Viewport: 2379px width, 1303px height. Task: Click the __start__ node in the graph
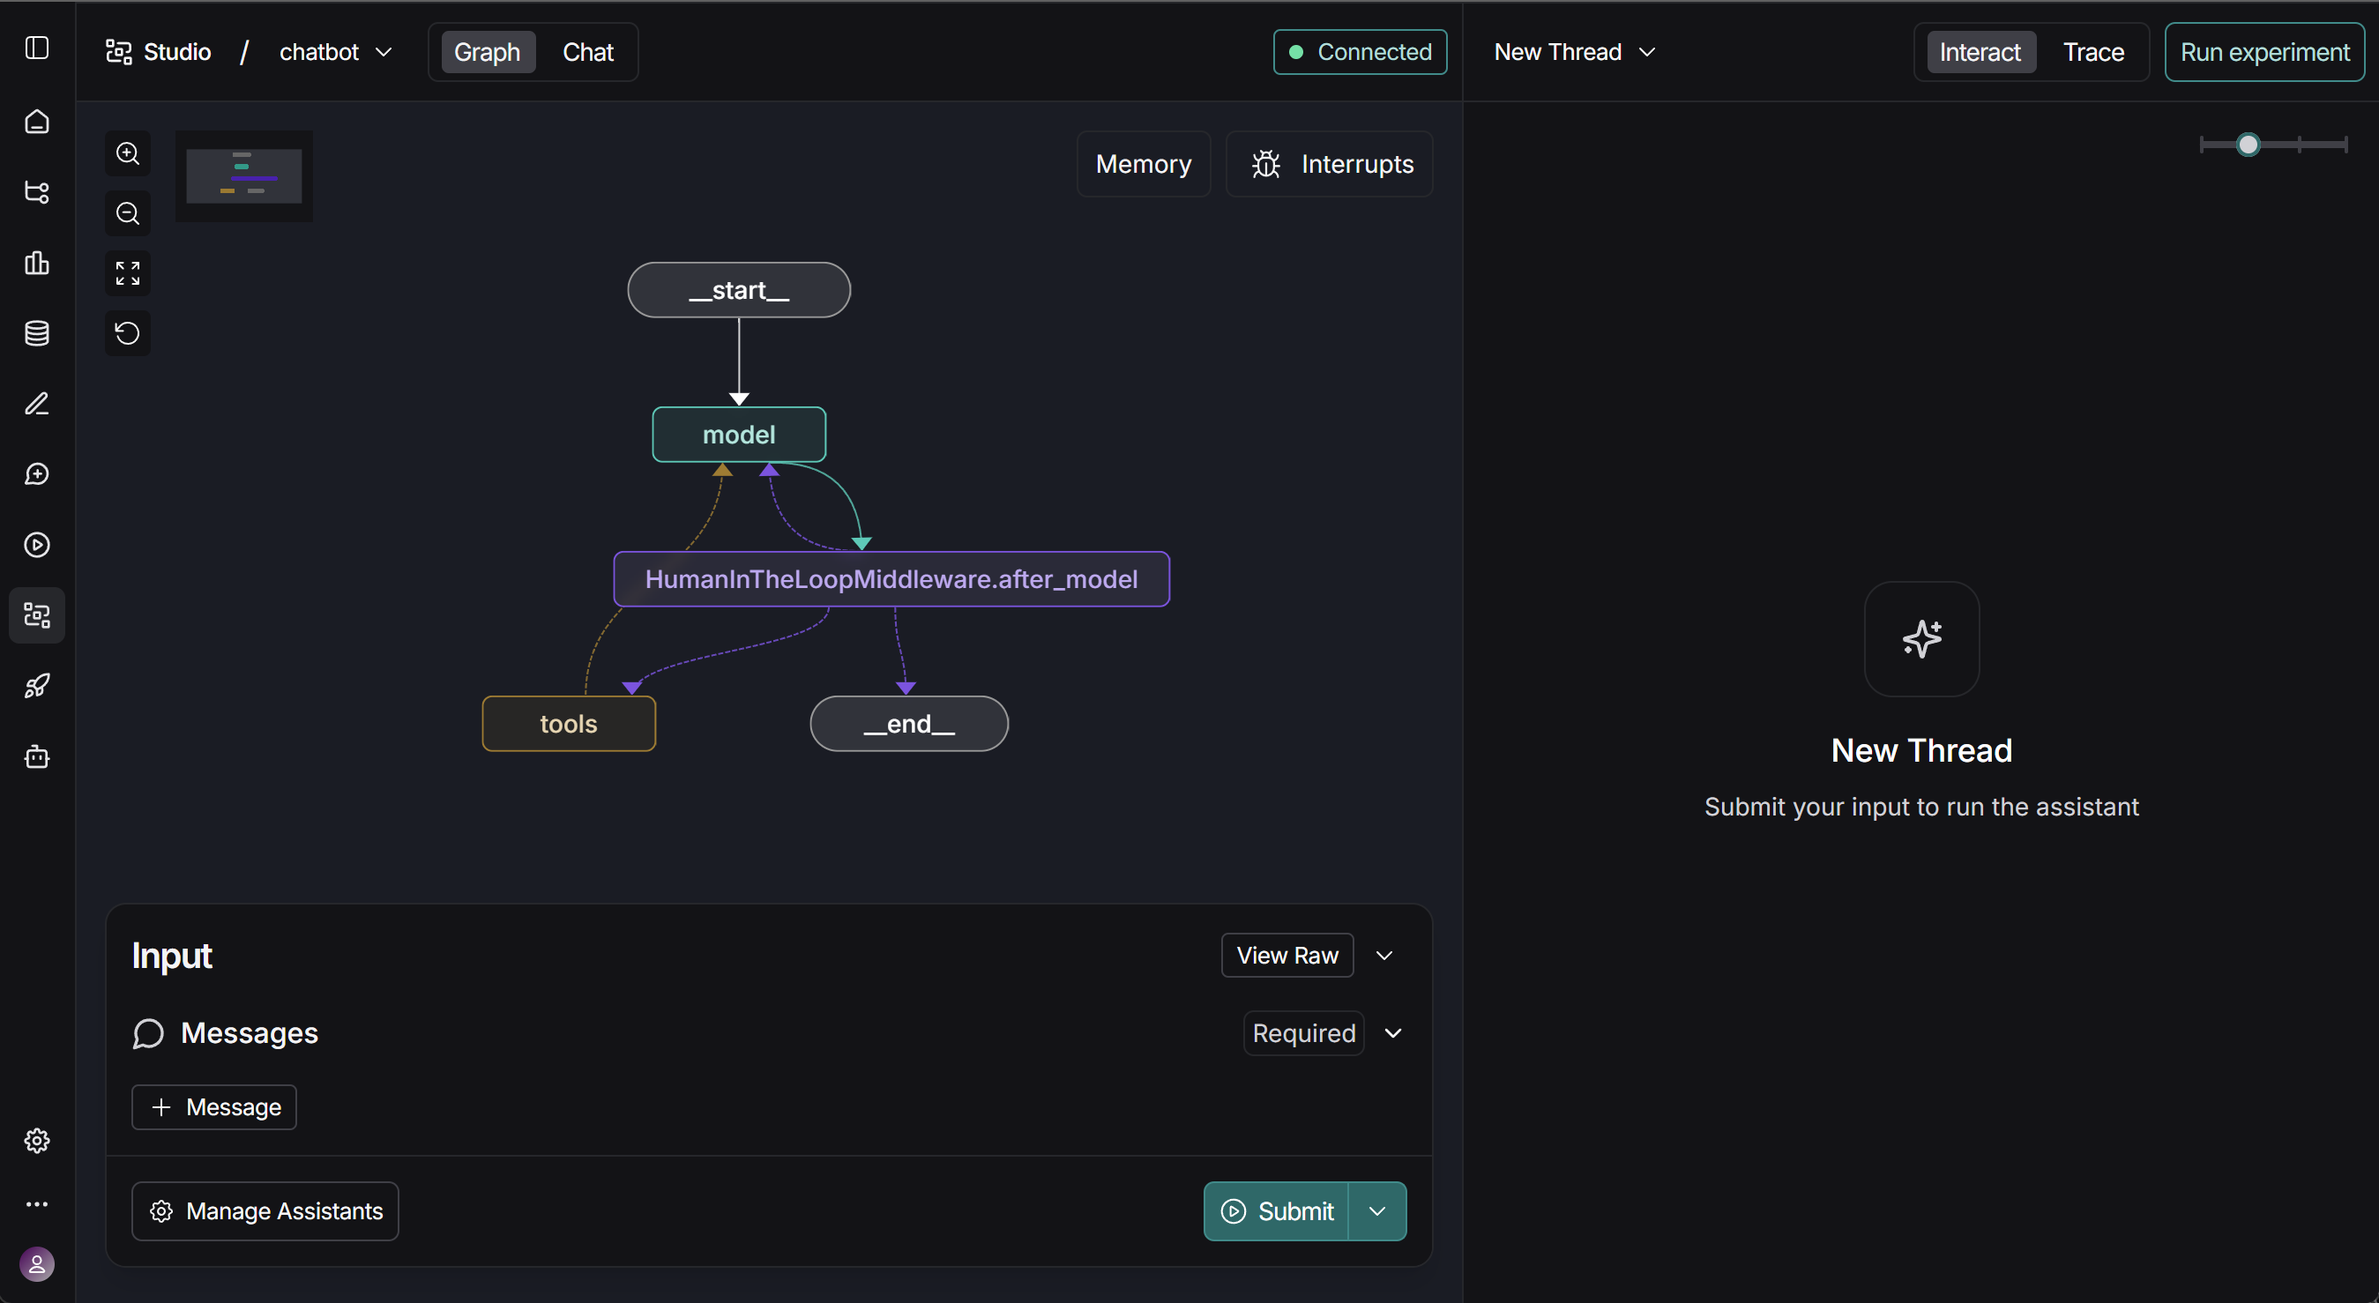point(739,290)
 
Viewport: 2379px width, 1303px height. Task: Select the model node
point(739,434)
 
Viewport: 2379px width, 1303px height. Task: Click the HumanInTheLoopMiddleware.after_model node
point(891,579)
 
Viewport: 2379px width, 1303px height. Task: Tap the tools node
point(569,723)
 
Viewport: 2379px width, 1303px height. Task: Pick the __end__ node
point(909,723)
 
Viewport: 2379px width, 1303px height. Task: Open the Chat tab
point(588,52)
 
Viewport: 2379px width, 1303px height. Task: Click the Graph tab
point(487,52)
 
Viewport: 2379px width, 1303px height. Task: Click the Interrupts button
point(1329,163)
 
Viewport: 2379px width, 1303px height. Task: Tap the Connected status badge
point(1360,52)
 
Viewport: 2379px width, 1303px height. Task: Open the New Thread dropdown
point(1574,52)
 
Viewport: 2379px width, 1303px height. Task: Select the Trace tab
point(2092,52)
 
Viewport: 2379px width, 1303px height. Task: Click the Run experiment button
point(2264,52)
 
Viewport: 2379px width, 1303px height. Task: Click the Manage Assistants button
point(265,1210)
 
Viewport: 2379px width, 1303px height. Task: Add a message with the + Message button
point(214,1106)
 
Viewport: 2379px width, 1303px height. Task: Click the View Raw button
point(1287,955)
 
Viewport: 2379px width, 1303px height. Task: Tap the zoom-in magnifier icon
point(128,153)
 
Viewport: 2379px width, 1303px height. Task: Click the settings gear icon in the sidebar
point(37,1141)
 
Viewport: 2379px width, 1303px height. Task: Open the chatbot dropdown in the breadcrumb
point(336,52)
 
